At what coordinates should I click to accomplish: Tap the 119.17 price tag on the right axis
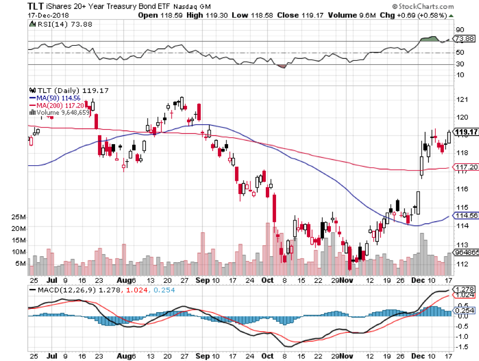tap(464, 131)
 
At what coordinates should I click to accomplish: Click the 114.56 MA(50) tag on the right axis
tap(464, 215)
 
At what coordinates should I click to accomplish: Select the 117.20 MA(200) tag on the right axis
tap(464, 167)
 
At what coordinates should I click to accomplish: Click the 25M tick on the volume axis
tap(19, 217)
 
